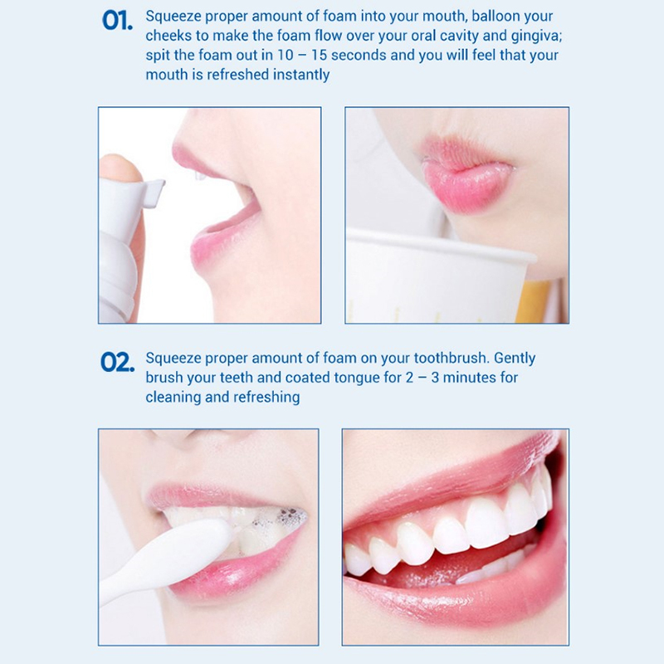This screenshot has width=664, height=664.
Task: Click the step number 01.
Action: [x=117, y=20]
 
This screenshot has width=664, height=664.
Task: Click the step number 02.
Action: [x=117, y=363]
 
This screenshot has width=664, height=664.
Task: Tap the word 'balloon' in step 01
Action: [x=496, y=16]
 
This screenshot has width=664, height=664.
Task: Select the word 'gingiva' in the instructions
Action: [x=535, y=37]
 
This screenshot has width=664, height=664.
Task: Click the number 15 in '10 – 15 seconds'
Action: [x=320, y=56]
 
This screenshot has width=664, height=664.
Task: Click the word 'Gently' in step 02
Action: [x=515, y=359]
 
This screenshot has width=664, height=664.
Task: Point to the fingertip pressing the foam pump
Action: [x=120, y=168]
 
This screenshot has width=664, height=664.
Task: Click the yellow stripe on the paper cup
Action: [x=532, y=301]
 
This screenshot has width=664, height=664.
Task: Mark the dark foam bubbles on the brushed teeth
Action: [x=285, y=518]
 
